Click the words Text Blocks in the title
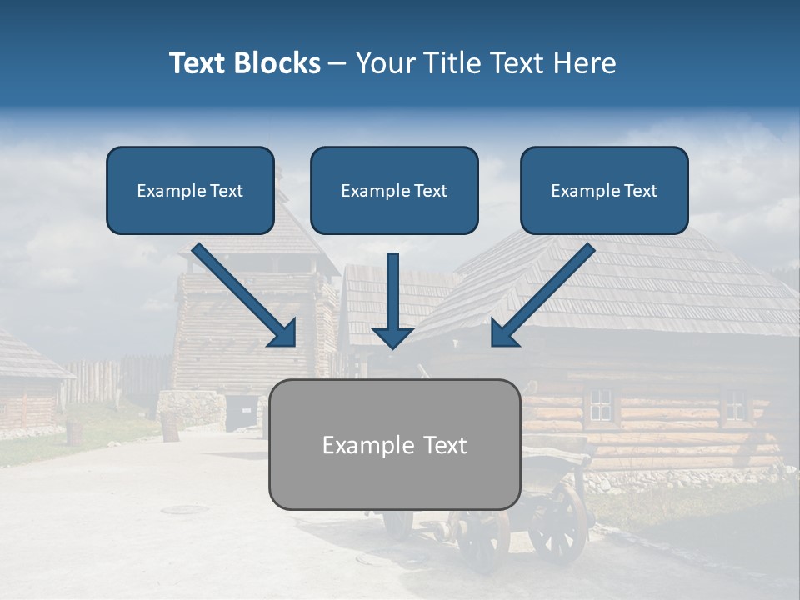[x=244, y=63]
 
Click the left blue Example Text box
[x=190, y=191]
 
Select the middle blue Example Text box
[x=394, y=191]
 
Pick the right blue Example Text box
[x=604, y=191]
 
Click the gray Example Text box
[x=394, y=445]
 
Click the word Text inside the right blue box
[x=641, y=191]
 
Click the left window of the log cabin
[x=600, y=405]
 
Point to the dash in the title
[x=337, y=63]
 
